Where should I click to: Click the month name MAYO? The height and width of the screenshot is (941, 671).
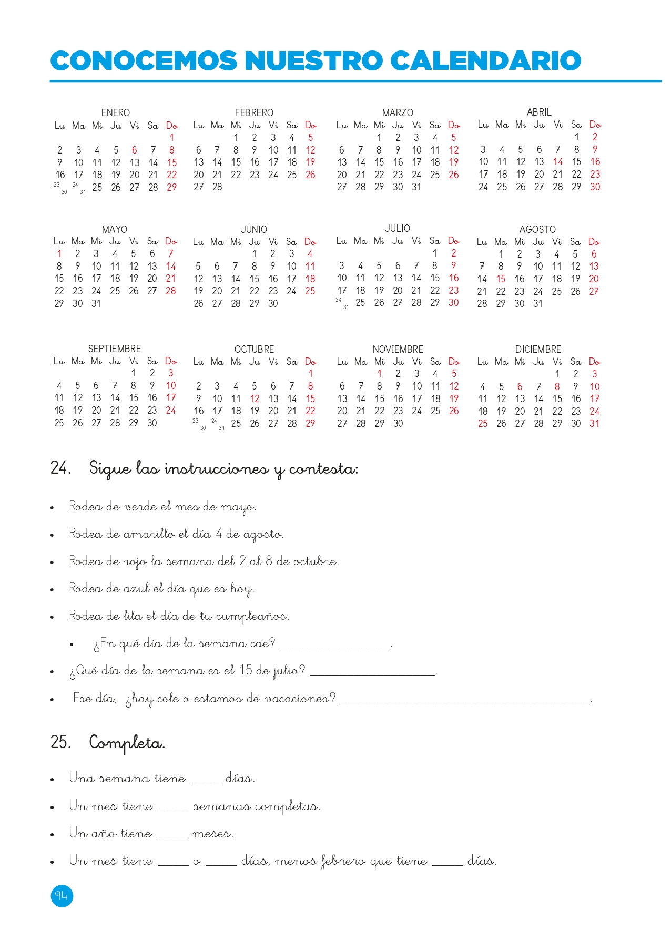tap(115, 229)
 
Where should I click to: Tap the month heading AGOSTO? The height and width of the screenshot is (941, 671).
tap(537, 229)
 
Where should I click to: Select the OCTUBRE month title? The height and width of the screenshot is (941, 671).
tap(254, 349)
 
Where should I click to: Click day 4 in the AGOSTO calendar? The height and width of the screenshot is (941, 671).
tap(556, 254)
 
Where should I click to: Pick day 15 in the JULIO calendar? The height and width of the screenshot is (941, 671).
tap(435, 278)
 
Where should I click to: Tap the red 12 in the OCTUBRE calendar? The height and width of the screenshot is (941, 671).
tap(255, 398)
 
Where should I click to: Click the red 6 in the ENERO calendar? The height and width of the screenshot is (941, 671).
tap(135, 150)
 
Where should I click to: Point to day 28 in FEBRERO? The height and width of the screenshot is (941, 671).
tap(217, 187)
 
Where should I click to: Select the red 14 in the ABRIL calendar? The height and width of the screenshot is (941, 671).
tap(558, 161)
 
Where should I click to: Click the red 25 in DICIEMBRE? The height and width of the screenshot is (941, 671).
tap(483, 423)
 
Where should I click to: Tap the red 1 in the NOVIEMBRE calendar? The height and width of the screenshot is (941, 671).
tap(380, 373)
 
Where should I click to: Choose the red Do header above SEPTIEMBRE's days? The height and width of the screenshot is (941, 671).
tap(171, 361)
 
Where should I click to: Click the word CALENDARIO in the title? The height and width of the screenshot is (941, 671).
tap(485, 60)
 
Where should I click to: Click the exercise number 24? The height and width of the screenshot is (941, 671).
tap(60, 467)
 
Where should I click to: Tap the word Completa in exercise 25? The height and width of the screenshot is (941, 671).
tap(127, 743)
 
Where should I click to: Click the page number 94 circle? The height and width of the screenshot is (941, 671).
tap(62, 896)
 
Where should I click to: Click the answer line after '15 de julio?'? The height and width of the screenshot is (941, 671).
tap(373, 672)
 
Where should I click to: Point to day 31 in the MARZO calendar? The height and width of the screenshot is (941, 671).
tap(416, 187)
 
